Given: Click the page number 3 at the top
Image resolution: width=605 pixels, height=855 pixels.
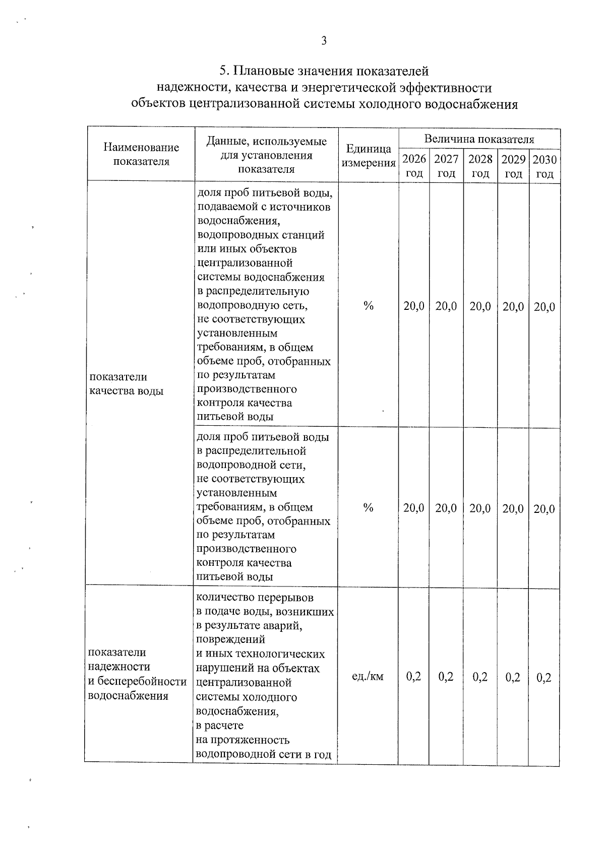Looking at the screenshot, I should click(324, 41).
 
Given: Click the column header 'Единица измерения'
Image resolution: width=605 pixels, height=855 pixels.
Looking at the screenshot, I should click(369, 156).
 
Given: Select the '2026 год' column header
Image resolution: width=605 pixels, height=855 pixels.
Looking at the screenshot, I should click(414, 166).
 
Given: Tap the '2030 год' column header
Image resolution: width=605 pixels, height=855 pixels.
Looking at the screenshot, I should click(544, 166).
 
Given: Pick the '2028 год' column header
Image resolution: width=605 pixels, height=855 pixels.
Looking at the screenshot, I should click(480, 166).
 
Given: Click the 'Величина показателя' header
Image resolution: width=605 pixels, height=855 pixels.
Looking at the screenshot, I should click(479, 139).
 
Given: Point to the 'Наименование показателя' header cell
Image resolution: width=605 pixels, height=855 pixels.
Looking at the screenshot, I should click(141, 154).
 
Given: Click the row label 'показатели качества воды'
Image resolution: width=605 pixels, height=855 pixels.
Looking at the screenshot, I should click(126, 383).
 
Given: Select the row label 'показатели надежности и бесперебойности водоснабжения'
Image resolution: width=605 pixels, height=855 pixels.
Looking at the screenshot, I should click(137, 674).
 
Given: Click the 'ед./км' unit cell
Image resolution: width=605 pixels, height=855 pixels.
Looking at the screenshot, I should click(368, 676).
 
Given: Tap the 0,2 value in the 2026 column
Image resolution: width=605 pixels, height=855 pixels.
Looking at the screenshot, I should click(413, 677).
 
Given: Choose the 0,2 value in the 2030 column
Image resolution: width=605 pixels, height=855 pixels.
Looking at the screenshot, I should click(544, 678).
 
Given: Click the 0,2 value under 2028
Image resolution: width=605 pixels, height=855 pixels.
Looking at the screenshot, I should click(480, 677).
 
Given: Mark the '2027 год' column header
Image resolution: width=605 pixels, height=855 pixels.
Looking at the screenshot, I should click(446, 166).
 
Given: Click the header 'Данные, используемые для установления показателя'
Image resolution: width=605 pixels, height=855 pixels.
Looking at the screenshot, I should click(266, 155).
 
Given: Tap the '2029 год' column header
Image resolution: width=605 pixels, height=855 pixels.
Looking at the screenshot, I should click(513, 166).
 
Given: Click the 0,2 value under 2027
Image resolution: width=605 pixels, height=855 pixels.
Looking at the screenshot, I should click(446, 677).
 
